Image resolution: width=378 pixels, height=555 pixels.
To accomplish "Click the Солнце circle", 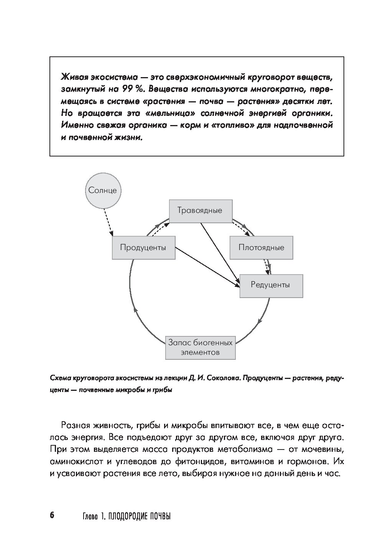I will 102,190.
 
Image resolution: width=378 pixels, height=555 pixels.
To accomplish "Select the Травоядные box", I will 201,211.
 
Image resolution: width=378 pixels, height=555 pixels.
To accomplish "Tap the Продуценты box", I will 143,247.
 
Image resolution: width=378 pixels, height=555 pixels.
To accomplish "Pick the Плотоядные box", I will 261,247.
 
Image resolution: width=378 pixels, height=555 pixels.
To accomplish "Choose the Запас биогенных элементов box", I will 200,347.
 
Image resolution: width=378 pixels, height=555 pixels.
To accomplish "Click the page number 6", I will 52,515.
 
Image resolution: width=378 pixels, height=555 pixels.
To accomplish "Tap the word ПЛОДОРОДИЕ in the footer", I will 128,516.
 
